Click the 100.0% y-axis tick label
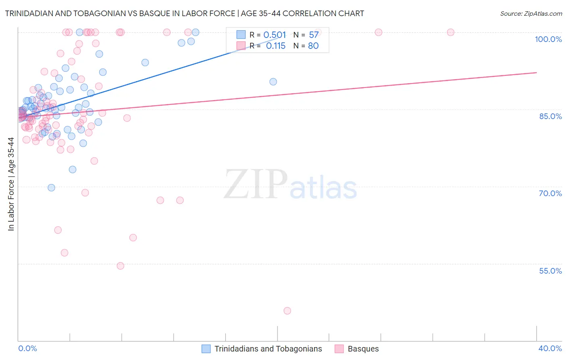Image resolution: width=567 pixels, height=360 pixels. click(548, 39)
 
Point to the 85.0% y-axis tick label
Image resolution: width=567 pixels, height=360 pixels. click(550, 116)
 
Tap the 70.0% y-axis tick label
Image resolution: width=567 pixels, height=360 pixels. click(550, 193)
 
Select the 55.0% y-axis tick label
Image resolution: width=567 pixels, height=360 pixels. click(550, 271)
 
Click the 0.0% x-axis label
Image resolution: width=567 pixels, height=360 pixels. click(27, 348)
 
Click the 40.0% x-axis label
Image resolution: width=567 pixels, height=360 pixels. click(550, 348)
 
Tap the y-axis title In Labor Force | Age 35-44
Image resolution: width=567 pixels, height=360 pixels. click(11, 184)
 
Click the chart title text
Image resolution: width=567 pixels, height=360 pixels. click(184, 13)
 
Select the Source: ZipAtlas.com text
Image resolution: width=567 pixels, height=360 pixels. click(531, 13)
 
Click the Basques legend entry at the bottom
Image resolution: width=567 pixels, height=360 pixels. click(363, 349)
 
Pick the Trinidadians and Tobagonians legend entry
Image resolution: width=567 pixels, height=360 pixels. click(268, 349)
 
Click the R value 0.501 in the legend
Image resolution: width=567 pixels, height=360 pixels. click(275, 35)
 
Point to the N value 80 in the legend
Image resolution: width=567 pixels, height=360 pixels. click(313, 46)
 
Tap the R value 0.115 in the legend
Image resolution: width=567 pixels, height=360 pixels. click(276, 46)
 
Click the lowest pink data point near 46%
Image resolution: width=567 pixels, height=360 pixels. click(287, 311)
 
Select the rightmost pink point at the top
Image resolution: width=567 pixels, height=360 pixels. click(450, 32)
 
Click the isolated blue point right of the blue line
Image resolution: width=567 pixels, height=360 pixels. click(273, 82)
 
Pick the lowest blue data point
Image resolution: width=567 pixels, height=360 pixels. click(51, 188)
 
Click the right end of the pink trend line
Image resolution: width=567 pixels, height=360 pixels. click(536, 73)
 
